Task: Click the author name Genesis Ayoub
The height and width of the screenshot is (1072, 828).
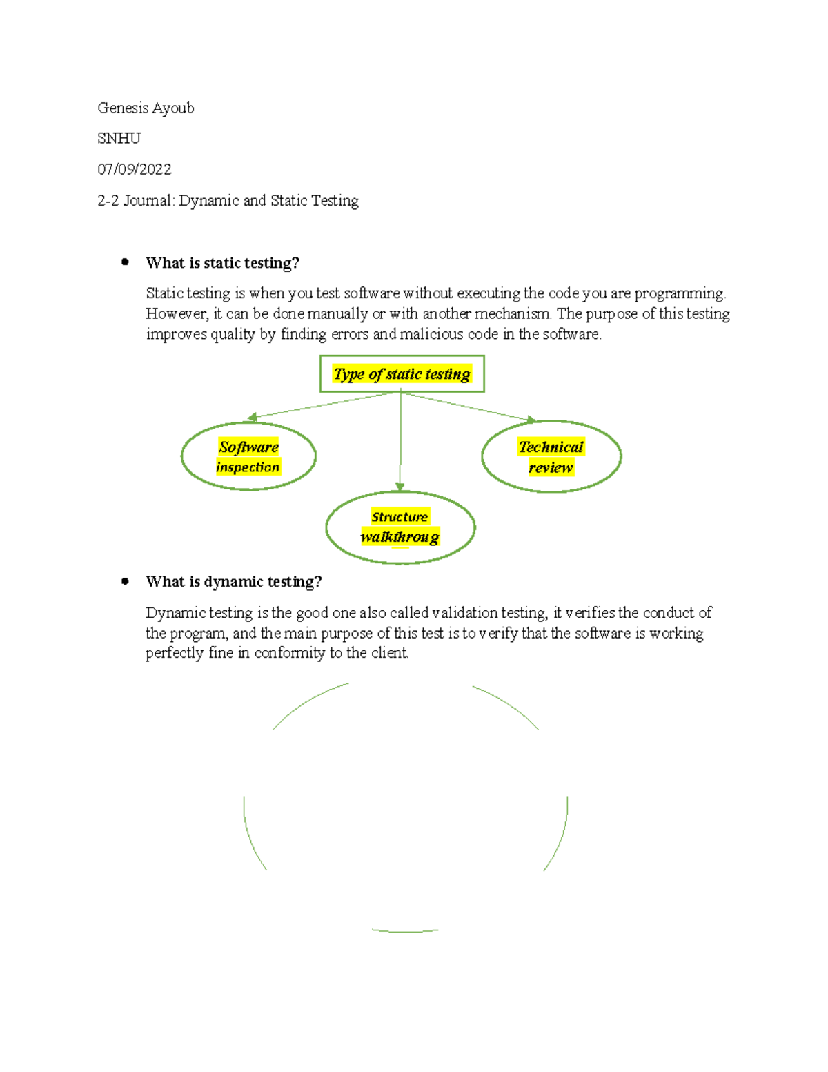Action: (x=146, y=108)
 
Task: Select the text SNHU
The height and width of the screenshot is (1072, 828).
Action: (x=119, y=139)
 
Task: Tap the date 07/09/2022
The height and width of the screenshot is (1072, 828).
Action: (x=134, y=170)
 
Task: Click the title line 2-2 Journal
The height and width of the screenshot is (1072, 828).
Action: (x=228, y=201)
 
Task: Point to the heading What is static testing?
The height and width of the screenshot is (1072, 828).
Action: (x=222, y=263)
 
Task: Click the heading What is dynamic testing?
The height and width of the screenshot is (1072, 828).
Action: (x=233, y=582)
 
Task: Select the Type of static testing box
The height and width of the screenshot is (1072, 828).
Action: (x=402, y=374)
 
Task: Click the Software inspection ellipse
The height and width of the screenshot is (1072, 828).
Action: (x=248, y=456)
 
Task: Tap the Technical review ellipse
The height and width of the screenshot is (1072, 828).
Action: (x=551, y=456)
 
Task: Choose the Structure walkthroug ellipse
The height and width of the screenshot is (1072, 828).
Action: (x=400, y=527)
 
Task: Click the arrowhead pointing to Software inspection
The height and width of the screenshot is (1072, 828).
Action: (x=253, y=417)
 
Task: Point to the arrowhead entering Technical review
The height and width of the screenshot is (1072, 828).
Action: (x=531, y=419)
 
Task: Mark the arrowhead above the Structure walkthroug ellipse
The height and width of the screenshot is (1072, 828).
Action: (x=400, y=487)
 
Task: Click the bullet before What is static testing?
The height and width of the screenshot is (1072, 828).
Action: (x=125, y=262)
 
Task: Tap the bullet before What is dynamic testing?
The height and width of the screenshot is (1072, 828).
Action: (x=125, y=581)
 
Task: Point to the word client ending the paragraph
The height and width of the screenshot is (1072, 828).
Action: (x=389, y=653)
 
